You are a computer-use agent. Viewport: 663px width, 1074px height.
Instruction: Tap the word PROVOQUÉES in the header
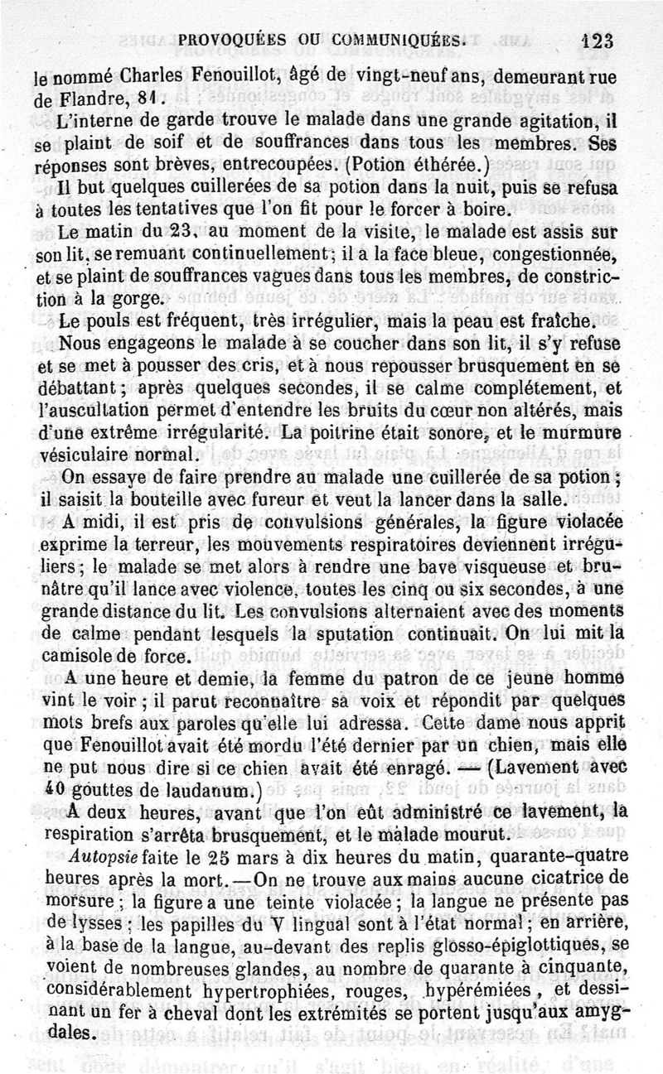tap(225, 39)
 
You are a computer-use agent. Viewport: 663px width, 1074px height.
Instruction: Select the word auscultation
tap(90, 387)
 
